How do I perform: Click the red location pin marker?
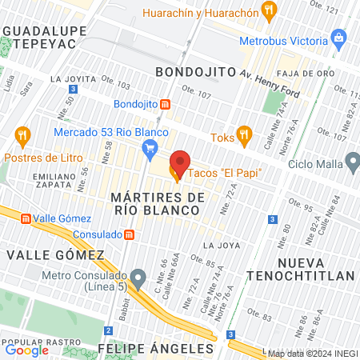(179, 163)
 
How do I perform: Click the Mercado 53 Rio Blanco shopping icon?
(149, 147)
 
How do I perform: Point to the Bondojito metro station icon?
(165, 104)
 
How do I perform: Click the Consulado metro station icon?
(130, 234)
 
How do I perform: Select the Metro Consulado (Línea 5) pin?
(138, 280)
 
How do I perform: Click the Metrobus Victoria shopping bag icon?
(340, 37)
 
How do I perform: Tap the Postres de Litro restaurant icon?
(22, 136)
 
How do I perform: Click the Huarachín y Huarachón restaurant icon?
(268, 13)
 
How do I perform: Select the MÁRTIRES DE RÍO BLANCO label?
(154, 202)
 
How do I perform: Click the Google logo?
(26, 350)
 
